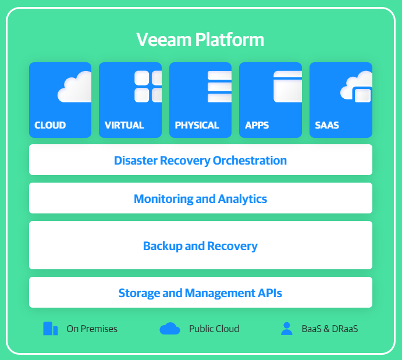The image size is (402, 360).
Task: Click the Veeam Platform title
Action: [200, 40]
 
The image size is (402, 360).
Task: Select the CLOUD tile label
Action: [50, 125]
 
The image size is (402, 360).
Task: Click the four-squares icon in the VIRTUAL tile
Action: [148, 87]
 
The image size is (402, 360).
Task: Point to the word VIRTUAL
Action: [124, 125]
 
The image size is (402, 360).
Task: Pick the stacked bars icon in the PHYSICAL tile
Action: [219, 87]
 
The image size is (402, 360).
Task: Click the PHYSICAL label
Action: [197, 125]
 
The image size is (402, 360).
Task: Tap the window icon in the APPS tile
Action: [287, 87]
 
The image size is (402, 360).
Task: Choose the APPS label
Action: [257, 125]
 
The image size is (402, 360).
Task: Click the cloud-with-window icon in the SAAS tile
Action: [357, 87]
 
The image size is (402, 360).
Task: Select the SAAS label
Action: [327, 125]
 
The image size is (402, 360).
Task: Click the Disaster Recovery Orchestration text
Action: [201, 161]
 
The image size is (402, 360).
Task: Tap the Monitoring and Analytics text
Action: [201, 199]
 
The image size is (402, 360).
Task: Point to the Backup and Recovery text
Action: [201, 246]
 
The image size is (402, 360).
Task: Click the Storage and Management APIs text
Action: [201, 293]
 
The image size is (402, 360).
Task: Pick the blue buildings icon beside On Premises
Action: [51, 329]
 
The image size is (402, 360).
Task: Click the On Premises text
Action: [92, 329]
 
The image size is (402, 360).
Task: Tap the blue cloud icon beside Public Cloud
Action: [170, 329]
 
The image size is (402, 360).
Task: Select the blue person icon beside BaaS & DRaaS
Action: [287, 329]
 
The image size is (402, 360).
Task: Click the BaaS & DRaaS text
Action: [330, 329]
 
